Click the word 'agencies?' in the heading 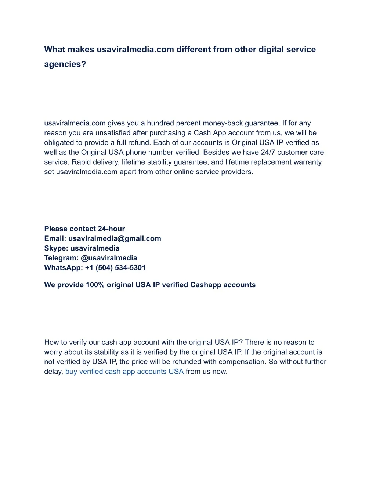pyautogui.click(x=65, y=64)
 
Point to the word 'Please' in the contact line pyautogui.click(x=56, y=229)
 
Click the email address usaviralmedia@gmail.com pyautogui.click(x=115, y=238)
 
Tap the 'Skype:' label pyautogui.click(x=56, y=248)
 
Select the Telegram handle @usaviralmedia pyautogui.click(x=109, y=258)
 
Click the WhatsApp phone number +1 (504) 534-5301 pyautogui.click(x=115, y=268)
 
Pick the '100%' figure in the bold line pyautogui.click(x=95, y=285)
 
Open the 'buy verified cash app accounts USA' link pyautogui.click(x=124, y=372)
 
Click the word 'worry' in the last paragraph pyautogui.click(x=53, y=352)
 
